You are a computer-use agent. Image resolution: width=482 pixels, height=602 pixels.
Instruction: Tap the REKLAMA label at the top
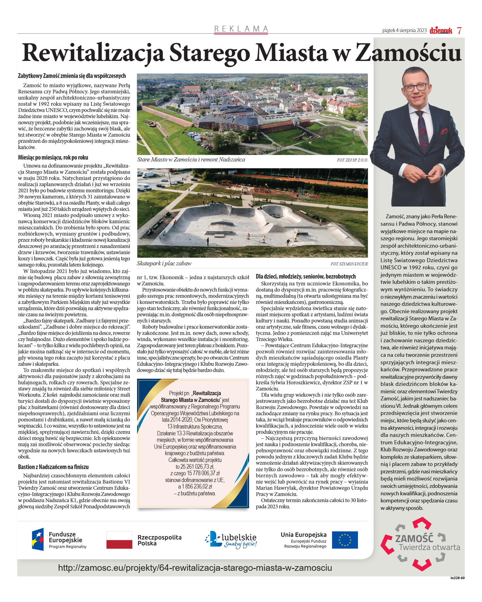241,29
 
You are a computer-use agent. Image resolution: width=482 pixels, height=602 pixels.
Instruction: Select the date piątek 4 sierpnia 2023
404,30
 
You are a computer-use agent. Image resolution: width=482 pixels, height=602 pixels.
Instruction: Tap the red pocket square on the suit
444,131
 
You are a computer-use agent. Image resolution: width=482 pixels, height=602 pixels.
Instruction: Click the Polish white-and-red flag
119,540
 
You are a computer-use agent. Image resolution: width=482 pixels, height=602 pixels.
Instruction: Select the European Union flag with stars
345,540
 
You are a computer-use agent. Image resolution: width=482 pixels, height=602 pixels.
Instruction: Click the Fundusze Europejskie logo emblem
38,539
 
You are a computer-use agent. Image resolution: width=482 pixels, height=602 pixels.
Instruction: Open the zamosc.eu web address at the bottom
195,568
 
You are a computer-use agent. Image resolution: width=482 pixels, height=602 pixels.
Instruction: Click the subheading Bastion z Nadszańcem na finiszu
53,467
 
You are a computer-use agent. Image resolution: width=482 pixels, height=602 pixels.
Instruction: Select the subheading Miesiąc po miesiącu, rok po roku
53,157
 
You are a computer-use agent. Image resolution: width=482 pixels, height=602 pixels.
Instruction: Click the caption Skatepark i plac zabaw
164,263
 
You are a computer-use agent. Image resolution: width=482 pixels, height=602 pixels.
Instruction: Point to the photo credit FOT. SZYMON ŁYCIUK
349,264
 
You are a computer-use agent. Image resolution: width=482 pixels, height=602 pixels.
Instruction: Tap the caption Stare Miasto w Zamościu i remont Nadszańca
191,160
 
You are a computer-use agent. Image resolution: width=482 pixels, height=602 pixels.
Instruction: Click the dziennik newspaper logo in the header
441,30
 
